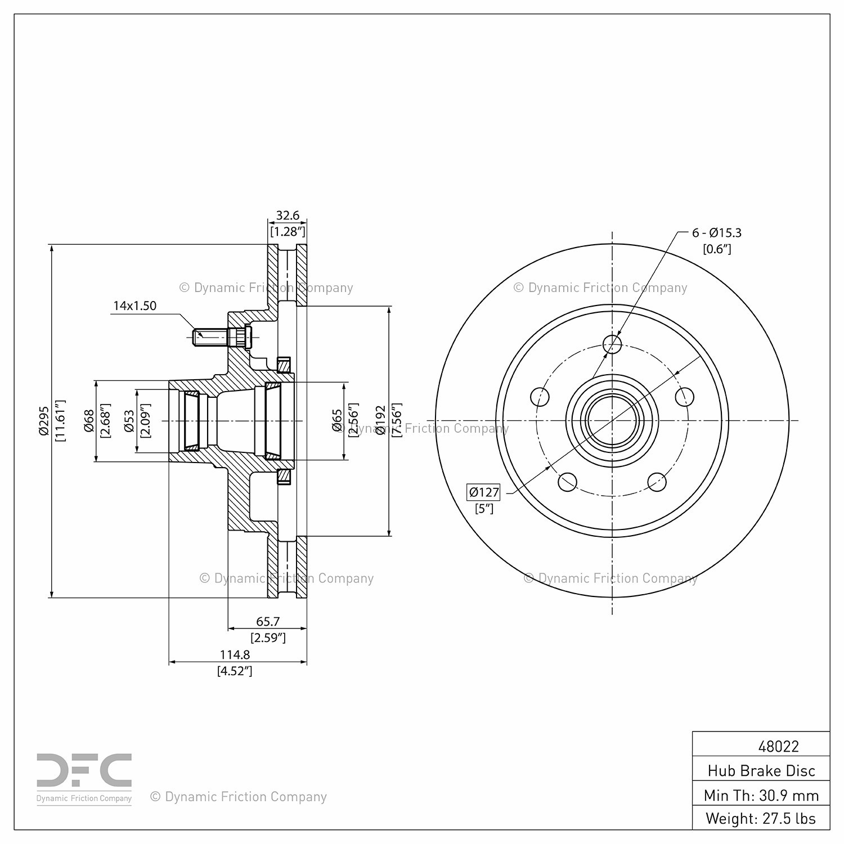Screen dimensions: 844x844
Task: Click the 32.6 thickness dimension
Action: (x=288, y=216)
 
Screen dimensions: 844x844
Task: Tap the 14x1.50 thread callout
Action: (x=135, y=306)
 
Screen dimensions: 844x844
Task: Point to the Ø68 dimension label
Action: (x=89, y=421)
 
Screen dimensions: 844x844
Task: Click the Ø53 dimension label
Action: (x=129, y=421)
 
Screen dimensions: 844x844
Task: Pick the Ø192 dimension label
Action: (x=381, y=420)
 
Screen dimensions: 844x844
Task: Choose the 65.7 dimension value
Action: (x=268, y=622)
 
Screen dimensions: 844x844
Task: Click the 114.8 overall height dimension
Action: (x=235, y=655)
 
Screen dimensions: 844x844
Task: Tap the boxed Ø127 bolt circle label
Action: (x=484, y=492)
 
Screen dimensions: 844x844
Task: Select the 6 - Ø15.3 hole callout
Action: (x=717, y=232)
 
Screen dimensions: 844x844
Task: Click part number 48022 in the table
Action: (x=779, y=747)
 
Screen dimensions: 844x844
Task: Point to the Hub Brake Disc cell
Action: (x=761, y=771)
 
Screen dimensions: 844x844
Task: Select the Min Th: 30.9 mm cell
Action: (x=761, y=795)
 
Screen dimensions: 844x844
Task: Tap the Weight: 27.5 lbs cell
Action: (x=761, y=819)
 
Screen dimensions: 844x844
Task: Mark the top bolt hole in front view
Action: (x=612, y=343)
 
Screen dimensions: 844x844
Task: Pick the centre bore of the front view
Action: (x=612, y=420)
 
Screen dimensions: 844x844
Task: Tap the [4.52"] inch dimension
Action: (x=235, y=671)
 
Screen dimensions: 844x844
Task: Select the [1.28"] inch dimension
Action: (x=288, y=231)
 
